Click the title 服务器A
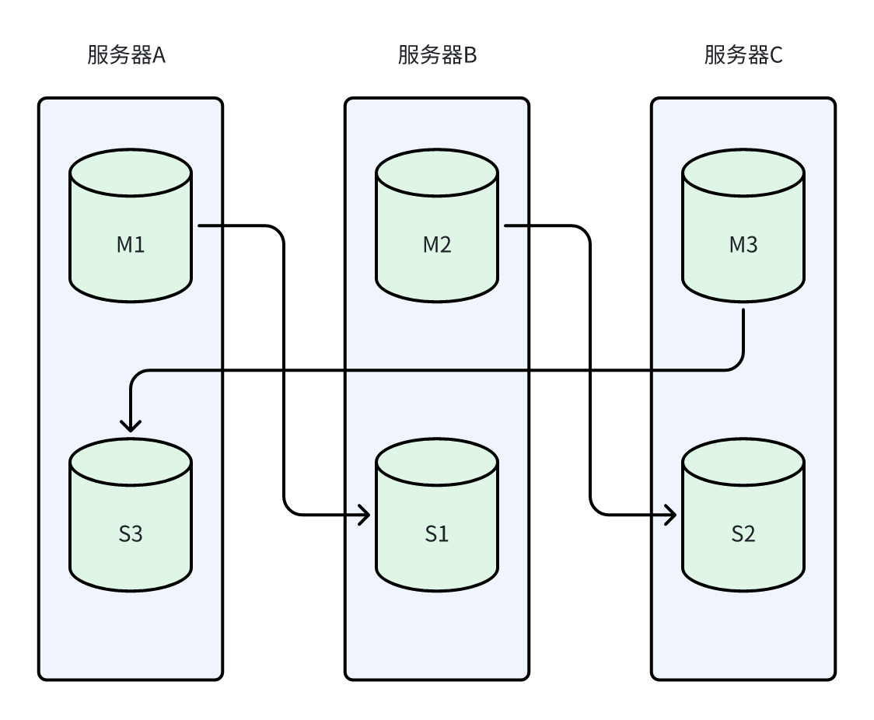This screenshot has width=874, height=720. click(126, 56)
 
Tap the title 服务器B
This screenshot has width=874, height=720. click(437, 56)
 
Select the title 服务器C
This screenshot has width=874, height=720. click(743, 56)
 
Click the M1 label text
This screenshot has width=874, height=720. click(131, 245)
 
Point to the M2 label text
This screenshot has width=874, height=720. click(437, 245)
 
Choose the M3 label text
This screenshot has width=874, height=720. click(743, 245)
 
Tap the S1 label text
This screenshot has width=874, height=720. click(437, 534)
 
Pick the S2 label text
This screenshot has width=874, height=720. click(743, 534)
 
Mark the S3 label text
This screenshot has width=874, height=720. click(131, 534)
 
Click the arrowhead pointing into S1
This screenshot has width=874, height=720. click(365, 514)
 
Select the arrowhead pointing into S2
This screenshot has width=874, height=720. click(671, 514)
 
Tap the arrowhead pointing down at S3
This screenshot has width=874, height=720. click(131, 425)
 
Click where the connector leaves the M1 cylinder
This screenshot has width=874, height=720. click(201, 226)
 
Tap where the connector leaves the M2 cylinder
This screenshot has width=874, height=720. click(507, 226)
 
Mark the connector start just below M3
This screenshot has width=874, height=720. click(743, 312)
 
